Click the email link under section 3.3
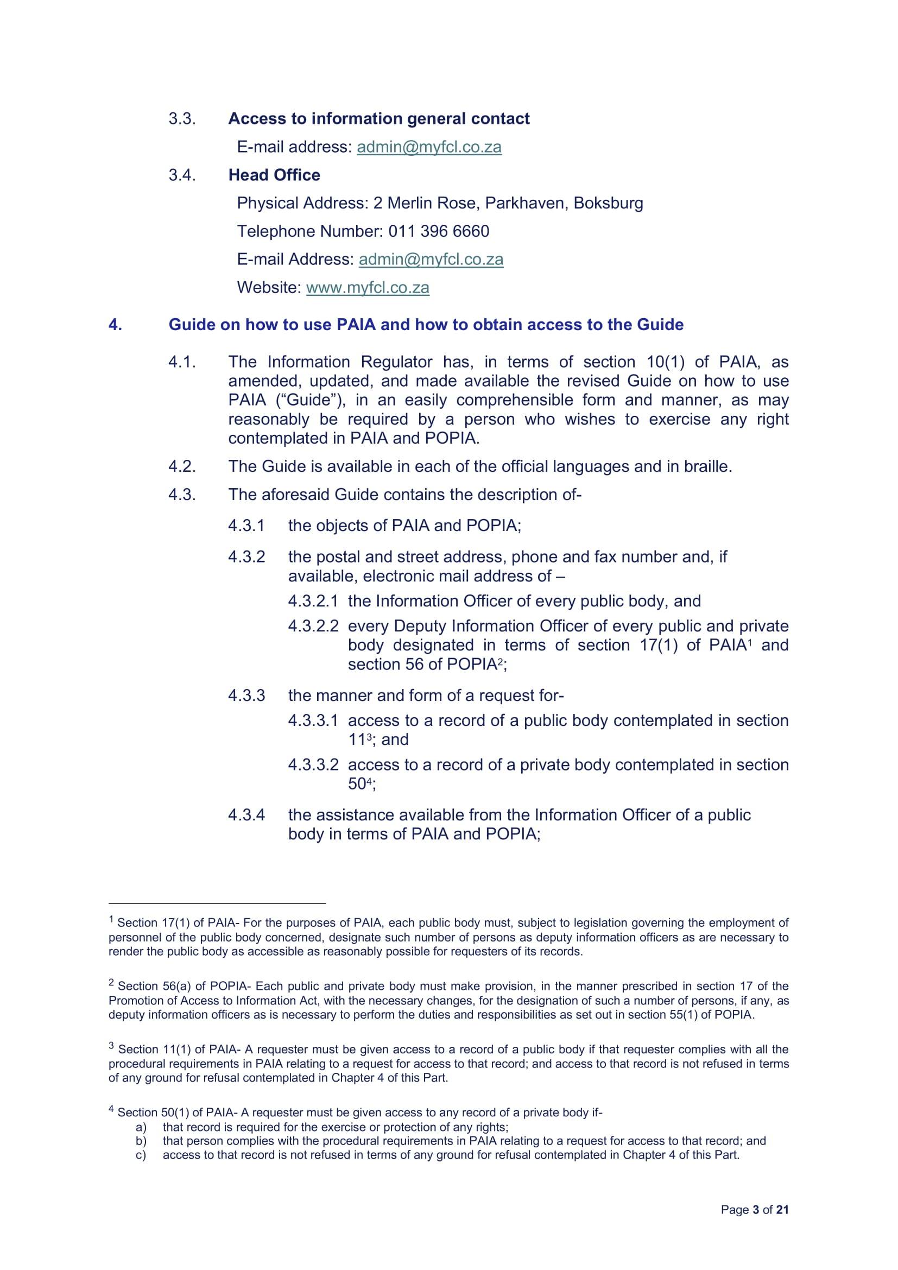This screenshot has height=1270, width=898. point(429,147)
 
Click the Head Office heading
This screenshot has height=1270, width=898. point(274,175)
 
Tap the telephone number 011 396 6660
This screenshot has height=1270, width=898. point(439,231)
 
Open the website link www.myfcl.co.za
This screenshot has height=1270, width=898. point(367,288)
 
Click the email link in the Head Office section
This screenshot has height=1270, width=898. point(431,260)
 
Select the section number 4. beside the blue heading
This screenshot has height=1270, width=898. point(115,325)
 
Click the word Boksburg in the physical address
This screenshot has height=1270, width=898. point(608,204)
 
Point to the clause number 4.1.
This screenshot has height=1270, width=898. point(182,362)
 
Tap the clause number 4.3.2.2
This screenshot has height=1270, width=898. point(313,626)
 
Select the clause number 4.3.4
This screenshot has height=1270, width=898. point(246,815)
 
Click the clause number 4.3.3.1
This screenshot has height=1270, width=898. point(313,721)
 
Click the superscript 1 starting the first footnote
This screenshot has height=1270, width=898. point(112,920)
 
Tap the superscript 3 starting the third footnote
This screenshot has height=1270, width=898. point(112,1045)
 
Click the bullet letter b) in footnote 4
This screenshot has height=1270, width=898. point(141,1141)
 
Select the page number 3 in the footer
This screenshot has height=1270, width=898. point(756,1210)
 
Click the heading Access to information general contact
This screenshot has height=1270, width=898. point(379,119)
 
